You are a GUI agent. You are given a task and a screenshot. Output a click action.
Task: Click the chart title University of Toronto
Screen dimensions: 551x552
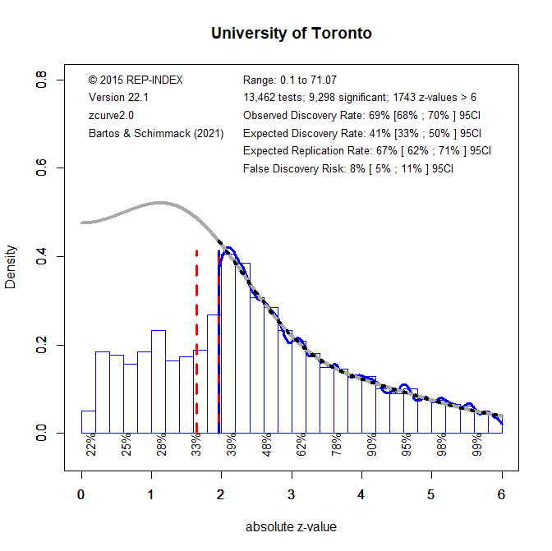[x=291, y=34]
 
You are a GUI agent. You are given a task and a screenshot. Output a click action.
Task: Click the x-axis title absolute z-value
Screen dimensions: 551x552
[x=291, y=526]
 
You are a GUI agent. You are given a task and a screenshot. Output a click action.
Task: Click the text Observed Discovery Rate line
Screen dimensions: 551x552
[x=361, y=115]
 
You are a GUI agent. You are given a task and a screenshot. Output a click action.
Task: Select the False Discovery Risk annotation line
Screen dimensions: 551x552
[x=348, y=168]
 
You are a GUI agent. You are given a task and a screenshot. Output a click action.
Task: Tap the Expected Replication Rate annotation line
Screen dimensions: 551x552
[x=366, y=150]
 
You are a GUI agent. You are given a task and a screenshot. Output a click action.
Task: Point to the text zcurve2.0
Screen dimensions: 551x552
[x=111, y=115]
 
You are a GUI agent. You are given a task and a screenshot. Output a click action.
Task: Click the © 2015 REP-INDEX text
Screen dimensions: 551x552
[x=136, y=80]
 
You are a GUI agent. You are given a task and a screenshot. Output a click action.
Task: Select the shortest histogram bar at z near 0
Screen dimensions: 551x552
[x=88, y=421]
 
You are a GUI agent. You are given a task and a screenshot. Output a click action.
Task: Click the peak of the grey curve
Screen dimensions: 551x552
[x=160, y=202]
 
